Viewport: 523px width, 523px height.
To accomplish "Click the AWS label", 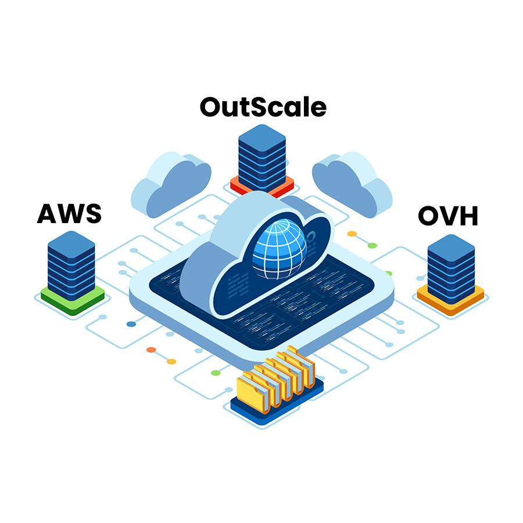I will (69, 213).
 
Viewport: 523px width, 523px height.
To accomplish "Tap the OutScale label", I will (263, 107).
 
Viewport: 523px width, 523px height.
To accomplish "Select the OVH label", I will (448, 216).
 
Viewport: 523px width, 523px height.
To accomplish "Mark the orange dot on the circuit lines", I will (151, 350).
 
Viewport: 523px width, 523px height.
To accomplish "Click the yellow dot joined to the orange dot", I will (171, 361).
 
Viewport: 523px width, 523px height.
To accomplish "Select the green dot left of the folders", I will (216, 372).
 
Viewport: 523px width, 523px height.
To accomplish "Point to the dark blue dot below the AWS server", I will (131, 323).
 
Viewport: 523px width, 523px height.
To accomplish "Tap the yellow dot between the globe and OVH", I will (352, 234).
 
